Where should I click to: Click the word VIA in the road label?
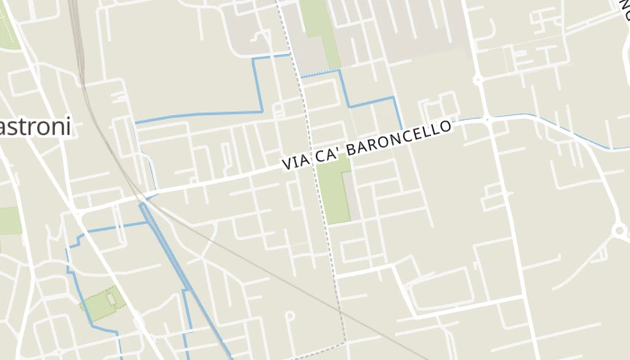pyautogui.click(x=296, y=162)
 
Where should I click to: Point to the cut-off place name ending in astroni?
pyautogui.click(x=35, y=128)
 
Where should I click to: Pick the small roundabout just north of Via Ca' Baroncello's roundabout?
pyautogui.click(x=479, y=80)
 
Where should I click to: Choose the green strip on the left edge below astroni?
pyautogui.click(x=9, y=220)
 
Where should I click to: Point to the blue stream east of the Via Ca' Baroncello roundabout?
pyautogui.click(x=558, y=126)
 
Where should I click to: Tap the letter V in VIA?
pyautogui.click(x=285, y=165)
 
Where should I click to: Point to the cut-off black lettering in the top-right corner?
pyautogui.click(x=623, y=11)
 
